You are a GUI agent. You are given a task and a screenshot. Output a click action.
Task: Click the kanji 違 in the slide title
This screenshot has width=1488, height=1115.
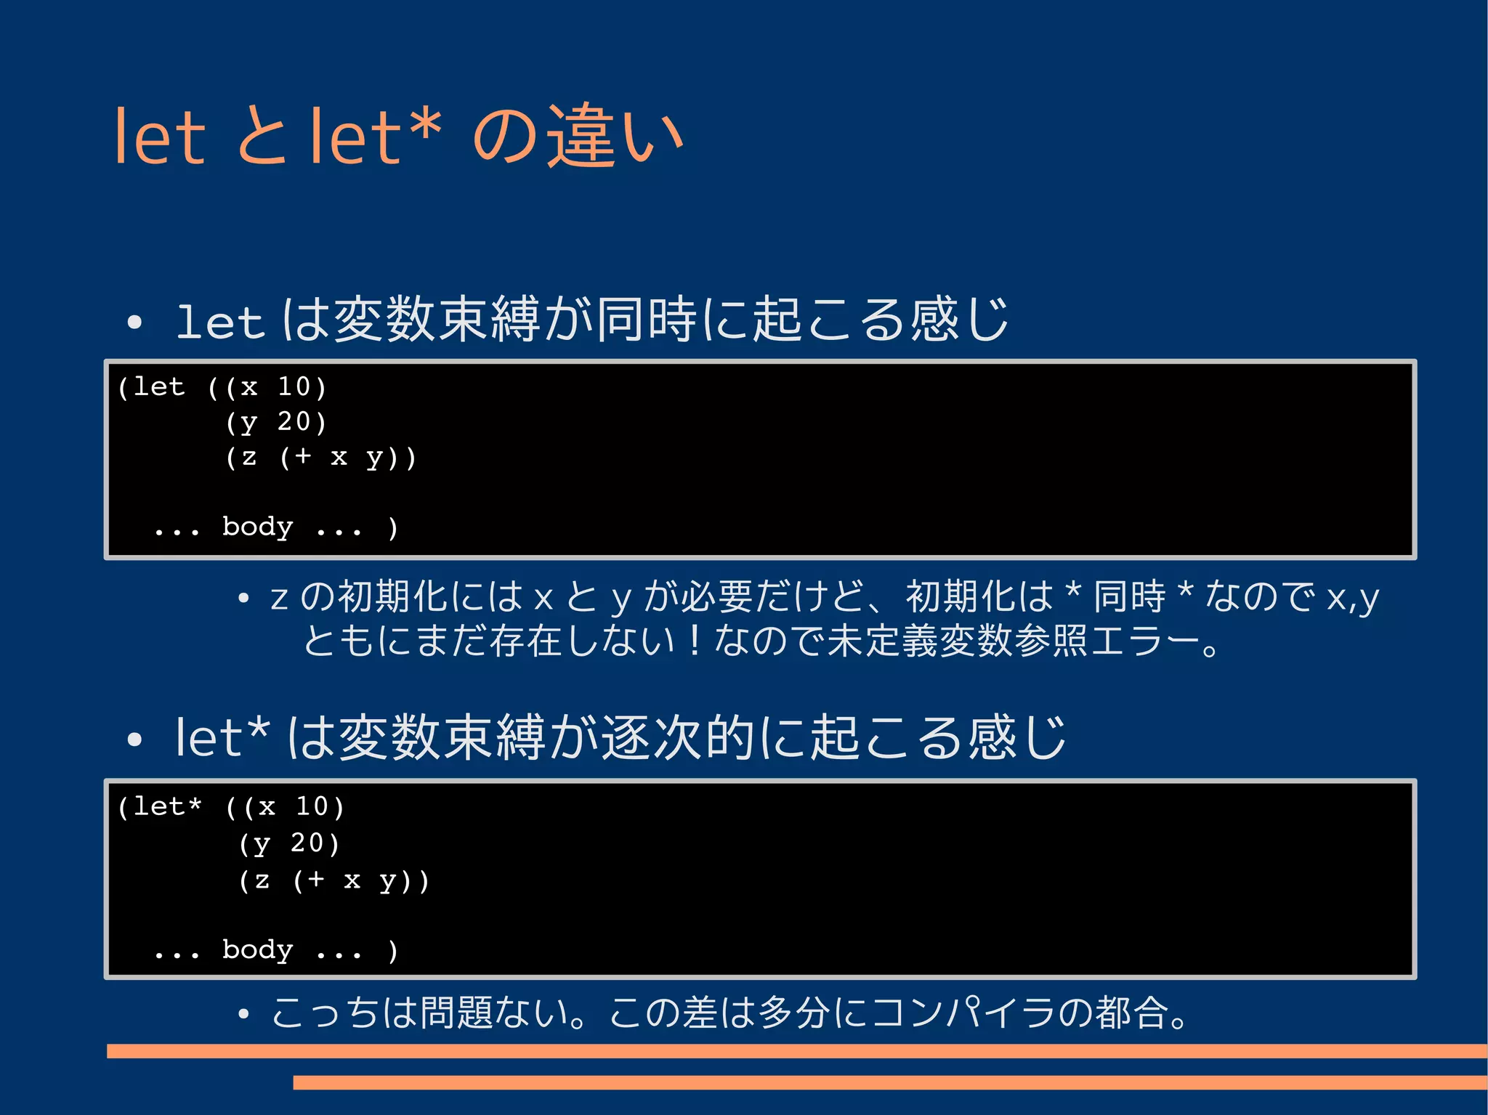pos(581,137)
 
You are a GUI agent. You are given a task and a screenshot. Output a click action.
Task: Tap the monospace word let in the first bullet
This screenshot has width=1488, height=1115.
pos(219,323)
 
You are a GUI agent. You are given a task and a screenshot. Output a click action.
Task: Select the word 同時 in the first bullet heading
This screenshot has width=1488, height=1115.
pos(647,320)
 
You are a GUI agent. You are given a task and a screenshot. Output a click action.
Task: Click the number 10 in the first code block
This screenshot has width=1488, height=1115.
pos(294,386)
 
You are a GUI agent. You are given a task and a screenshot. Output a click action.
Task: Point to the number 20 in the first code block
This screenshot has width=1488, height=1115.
pos(294,421)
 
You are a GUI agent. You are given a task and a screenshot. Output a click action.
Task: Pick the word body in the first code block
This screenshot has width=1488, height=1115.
pos(257,527)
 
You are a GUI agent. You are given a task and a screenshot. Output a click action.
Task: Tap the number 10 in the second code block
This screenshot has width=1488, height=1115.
pos(312,806)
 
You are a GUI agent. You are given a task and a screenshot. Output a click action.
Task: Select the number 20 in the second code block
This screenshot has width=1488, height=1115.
pos(307,843)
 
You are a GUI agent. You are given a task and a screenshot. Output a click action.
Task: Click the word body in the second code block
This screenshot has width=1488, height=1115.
pos(257,949)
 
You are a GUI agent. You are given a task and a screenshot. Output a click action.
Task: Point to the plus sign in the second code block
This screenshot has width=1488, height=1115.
pos(316,880)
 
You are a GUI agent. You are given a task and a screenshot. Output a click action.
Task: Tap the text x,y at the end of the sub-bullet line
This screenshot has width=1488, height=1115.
pos(1353,599)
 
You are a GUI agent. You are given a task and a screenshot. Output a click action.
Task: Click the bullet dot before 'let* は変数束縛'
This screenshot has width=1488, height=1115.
pos(134,740)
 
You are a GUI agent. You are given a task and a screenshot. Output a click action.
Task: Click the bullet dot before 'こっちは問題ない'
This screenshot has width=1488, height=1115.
pos(244,1014)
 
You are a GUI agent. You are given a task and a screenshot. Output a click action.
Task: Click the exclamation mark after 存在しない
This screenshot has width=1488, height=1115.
pos(695,641)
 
